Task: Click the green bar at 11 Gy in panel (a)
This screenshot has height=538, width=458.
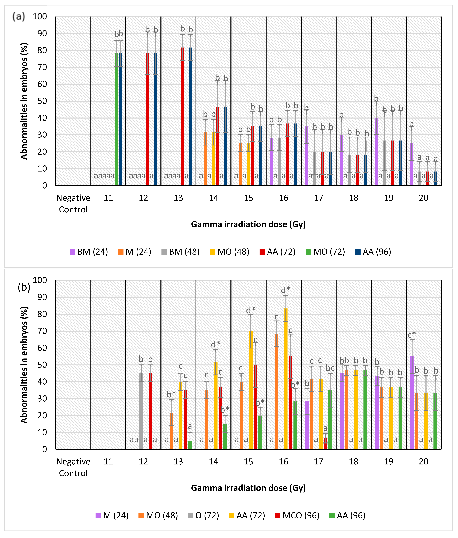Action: point(117,119)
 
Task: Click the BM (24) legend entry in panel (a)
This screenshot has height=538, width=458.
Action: point(89,252)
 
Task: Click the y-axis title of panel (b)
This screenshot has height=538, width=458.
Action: point(24,365)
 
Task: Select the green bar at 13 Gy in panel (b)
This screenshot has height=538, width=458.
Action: point(190,445)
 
